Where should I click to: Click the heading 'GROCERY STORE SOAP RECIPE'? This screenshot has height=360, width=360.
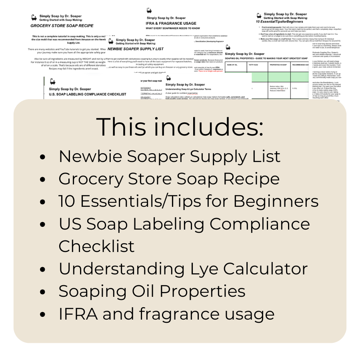point(62,26)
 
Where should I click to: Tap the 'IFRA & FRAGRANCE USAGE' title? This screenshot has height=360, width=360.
point(171,23)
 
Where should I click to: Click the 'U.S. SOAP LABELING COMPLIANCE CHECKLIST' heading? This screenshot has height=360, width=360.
point(88,94)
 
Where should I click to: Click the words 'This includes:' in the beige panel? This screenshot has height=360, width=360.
point(180,127)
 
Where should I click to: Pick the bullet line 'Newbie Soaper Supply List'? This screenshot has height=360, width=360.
point(170,156)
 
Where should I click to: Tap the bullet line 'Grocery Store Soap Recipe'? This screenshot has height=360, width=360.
point(169,179)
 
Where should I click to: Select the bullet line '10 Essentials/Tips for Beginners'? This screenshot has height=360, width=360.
point(188,201)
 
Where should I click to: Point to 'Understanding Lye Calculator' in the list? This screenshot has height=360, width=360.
point(183,268)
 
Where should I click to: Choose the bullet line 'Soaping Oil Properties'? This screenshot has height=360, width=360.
point(152,291)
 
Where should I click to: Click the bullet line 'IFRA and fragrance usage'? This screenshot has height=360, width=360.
point(166,314)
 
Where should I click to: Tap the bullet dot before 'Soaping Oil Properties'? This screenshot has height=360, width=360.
point(43,292)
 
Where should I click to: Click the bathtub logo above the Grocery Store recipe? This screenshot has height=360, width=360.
point(34,17)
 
